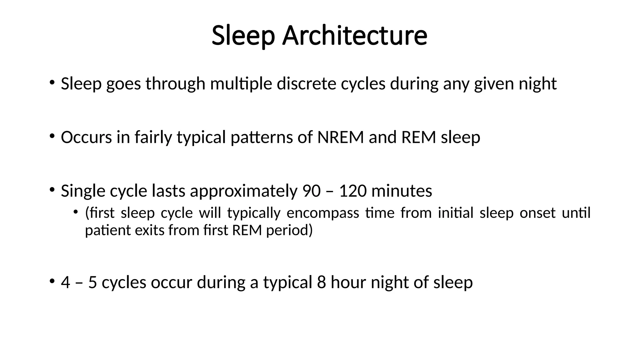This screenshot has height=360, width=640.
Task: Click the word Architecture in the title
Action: (355, 35)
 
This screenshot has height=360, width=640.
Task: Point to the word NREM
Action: (341, 137)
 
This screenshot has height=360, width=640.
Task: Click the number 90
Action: (312, 191)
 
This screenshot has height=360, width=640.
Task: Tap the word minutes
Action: (402, 191)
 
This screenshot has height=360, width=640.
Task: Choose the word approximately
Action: (244, 191)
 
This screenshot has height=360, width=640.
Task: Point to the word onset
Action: (537, 213)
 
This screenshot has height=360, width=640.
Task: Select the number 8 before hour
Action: (322, 282)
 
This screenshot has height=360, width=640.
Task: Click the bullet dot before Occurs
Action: (52, 136)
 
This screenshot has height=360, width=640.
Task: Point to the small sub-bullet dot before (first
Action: (75, 212)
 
